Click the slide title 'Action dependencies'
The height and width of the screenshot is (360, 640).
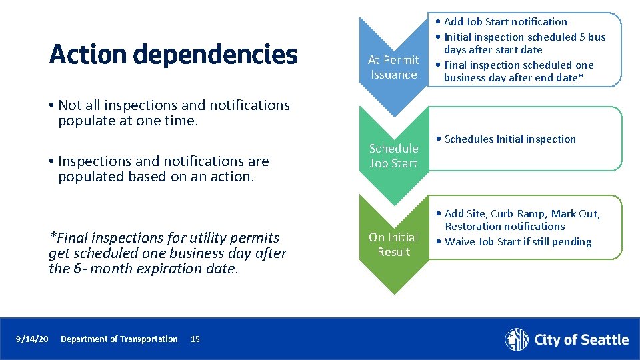[173, 55]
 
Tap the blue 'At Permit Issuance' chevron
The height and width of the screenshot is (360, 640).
[393, 67]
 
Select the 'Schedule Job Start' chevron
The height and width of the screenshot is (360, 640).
[393, 156]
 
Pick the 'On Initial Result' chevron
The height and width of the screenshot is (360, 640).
[393, 244]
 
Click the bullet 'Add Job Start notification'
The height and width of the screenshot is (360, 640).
[505, 22]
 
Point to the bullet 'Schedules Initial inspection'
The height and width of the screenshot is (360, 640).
[509, 139]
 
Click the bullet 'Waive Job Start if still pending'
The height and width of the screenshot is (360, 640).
[517, 242]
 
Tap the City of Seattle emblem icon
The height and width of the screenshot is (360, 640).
[517, 339]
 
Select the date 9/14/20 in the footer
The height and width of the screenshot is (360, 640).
[32, 339]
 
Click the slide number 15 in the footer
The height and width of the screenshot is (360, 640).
[195, 339]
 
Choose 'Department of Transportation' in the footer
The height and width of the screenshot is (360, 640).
[119, 339]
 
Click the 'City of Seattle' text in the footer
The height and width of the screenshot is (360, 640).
[581, 340]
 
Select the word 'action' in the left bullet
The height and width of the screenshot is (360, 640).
[233, 177]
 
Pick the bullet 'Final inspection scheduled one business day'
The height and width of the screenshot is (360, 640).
[519, 71]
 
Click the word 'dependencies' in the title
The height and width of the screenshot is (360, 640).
[225, 55]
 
